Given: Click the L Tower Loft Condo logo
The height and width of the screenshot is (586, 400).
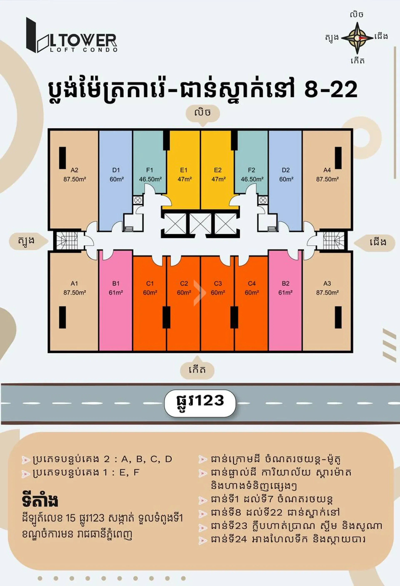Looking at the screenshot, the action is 72,35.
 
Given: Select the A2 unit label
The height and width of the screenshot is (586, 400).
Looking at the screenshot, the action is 74,170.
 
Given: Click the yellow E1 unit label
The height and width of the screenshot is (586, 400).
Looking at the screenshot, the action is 184,170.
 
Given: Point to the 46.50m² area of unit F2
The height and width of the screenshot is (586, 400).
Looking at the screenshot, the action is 252,179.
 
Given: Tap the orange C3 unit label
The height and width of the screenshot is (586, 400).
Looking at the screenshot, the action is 218,284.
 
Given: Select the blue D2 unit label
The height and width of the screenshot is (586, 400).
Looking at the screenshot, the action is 286,170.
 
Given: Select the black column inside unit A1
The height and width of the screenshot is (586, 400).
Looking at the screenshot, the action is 62,317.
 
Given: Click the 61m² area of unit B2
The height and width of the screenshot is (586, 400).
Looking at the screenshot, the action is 286,293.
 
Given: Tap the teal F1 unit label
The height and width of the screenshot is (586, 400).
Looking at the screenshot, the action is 150,170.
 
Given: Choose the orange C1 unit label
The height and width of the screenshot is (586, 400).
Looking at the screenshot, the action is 150,284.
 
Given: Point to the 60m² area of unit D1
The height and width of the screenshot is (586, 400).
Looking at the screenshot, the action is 117,179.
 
